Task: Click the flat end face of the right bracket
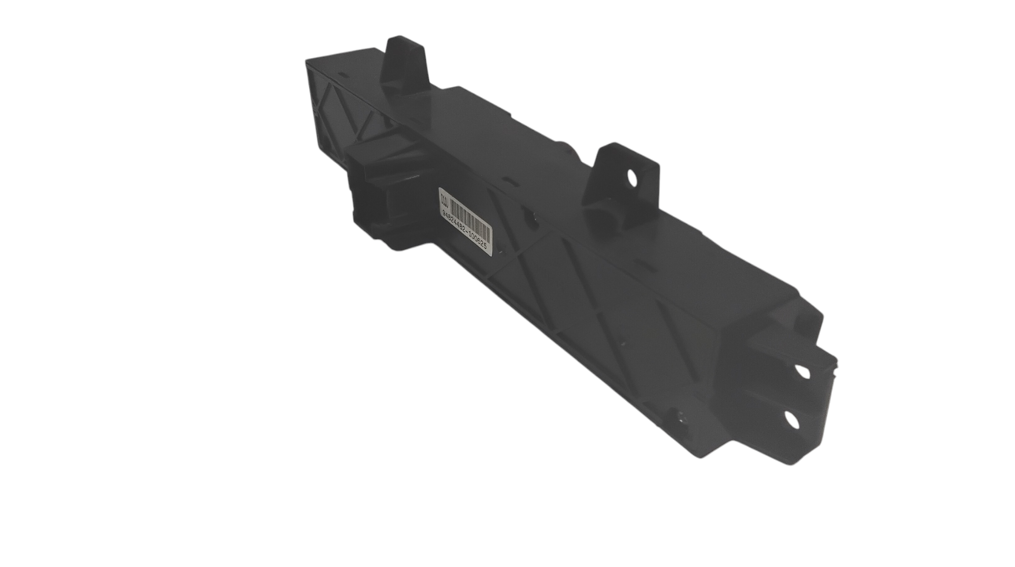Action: [x=771, y=396]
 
